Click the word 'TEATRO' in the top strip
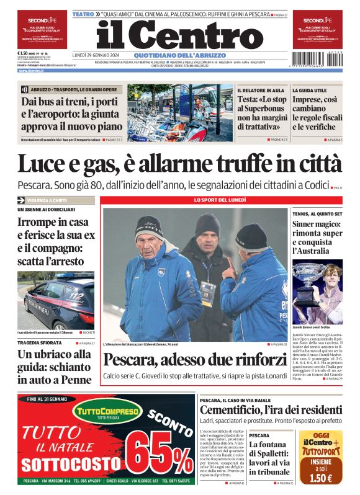83,13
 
